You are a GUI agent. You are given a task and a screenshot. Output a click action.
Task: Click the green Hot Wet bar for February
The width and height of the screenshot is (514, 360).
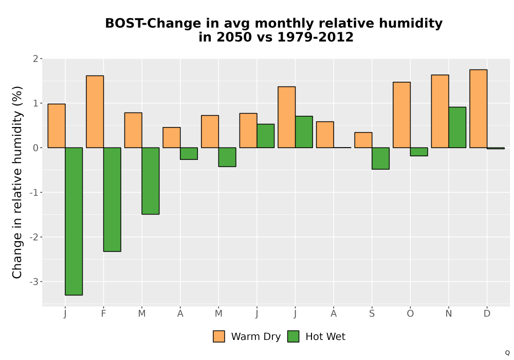point(112,200)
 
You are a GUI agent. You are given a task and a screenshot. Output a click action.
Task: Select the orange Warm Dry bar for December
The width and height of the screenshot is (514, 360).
point(478,109)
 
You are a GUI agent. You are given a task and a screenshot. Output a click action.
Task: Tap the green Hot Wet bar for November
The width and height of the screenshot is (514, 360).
point(457,127)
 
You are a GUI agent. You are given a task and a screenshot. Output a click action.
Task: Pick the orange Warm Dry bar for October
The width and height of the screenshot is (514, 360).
point(401,115)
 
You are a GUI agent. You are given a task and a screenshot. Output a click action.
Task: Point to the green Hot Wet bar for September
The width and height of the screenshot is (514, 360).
point(380,158)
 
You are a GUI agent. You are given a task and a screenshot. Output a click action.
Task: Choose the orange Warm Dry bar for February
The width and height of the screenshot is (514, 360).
point(95,112)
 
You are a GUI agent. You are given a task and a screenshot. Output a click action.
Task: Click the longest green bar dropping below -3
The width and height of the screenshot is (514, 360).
point(74,221)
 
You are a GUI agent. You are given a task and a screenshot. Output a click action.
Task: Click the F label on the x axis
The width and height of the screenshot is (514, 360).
point(104,314)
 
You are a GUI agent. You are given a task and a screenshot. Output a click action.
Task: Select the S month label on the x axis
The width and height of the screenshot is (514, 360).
point(372,314)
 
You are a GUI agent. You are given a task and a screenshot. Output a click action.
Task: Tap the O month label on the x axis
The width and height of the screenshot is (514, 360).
point(410,314)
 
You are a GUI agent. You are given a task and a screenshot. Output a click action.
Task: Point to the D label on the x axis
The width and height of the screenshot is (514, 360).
point(487,314)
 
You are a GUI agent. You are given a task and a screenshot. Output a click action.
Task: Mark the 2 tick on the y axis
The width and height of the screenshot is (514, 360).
point(36,59)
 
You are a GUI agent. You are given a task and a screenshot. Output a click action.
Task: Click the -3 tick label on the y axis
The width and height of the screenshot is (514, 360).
point(34,282)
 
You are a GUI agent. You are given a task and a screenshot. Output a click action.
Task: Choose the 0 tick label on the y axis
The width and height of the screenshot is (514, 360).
point(36,148)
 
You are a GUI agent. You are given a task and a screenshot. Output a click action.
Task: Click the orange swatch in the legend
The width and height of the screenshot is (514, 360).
point(219,336)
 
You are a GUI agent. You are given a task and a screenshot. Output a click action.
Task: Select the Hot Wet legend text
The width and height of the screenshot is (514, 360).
point(325,337)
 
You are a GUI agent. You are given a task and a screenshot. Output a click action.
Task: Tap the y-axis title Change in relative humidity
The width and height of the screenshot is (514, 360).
point(17,182)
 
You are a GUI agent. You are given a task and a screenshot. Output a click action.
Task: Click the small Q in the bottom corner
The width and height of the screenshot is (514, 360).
point(507,353)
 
